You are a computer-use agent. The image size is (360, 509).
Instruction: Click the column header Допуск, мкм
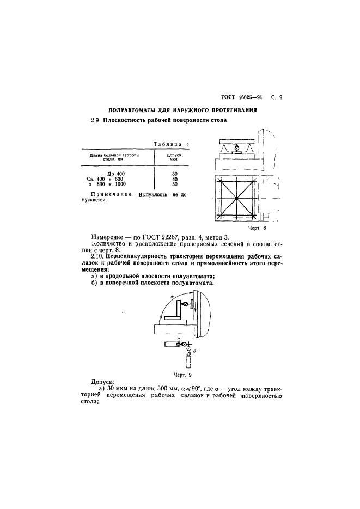pos(174,157)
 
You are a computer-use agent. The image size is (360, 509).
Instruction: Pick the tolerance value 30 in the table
pos(174,173)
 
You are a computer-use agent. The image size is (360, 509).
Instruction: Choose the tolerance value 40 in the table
pos(174,179)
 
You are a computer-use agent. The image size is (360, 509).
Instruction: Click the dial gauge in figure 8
pos(236,148)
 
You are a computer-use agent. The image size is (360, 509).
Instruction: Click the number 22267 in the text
pos(173,240)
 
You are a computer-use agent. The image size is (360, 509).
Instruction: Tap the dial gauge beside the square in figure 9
pos(186,304)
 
